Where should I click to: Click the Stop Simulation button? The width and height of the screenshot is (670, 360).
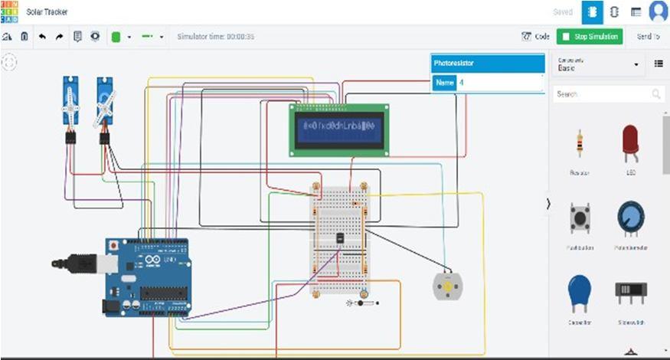(589, 36)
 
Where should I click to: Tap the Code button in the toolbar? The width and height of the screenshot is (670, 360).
(536, 36)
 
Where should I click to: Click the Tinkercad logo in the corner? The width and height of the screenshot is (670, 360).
(9, 11)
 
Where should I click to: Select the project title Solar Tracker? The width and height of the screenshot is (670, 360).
(47, 12)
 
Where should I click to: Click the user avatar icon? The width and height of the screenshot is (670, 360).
(658, 11)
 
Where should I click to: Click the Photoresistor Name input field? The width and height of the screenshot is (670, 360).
(499, 83)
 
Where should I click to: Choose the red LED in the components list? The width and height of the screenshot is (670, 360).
(631, 143)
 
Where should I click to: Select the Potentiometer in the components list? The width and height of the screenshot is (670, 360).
(631, 219)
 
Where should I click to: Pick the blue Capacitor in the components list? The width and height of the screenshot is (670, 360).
(579, 295)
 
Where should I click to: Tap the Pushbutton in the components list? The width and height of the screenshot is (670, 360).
(579, 219)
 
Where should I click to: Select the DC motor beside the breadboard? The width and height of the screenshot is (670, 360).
(447, 286)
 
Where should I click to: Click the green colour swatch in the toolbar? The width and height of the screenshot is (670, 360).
(116, 36)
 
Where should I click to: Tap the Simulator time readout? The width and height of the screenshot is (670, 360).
(216, 36)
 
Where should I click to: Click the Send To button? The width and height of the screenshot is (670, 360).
(648, 36)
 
